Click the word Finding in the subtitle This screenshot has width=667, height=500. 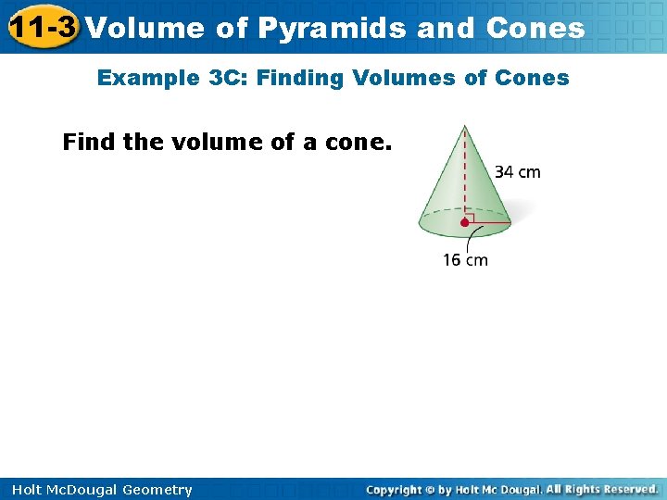pos(298,78)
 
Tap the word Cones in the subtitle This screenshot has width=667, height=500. pos(533,78)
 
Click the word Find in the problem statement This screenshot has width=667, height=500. pos(87,143)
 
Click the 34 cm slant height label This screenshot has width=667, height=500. pos(518,171)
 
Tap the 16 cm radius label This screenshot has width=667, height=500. pos(465,260)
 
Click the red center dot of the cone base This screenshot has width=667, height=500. pos(464,222)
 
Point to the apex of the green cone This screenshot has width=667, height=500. pos(464,126)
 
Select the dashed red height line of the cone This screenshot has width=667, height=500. pos(464,176)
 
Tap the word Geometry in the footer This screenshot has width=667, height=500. pos(157,490)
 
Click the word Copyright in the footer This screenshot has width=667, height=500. pos(394,490)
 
